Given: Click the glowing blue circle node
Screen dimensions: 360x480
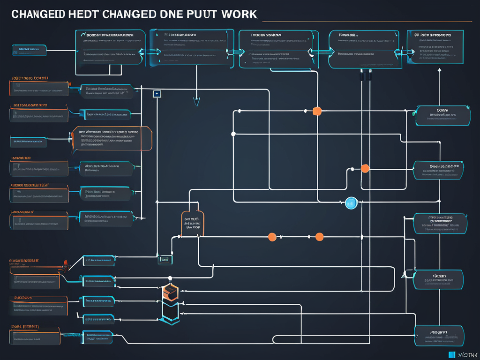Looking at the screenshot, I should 351,202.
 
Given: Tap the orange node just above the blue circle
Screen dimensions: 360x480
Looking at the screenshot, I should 365,169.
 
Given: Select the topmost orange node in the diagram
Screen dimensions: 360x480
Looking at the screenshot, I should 317,111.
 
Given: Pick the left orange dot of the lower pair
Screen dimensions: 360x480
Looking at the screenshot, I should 271,237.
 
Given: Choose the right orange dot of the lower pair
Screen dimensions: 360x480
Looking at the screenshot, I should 319,237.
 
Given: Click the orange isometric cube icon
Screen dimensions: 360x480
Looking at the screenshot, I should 169,292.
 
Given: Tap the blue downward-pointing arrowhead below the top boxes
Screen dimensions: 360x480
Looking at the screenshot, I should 196,101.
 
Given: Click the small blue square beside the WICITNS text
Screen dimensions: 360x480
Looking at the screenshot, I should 452,354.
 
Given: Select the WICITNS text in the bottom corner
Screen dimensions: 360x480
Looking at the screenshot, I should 467,355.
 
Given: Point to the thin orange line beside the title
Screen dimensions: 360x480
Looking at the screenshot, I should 366,21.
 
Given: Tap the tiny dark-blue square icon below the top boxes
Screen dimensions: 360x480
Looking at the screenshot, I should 157,94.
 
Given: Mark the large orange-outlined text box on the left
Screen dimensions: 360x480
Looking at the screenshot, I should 112,138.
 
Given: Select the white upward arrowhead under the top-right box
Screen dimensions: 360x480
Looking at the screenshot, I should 439,70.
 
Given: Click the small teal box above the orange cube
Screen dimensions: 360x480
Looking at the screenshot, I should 165,259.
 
